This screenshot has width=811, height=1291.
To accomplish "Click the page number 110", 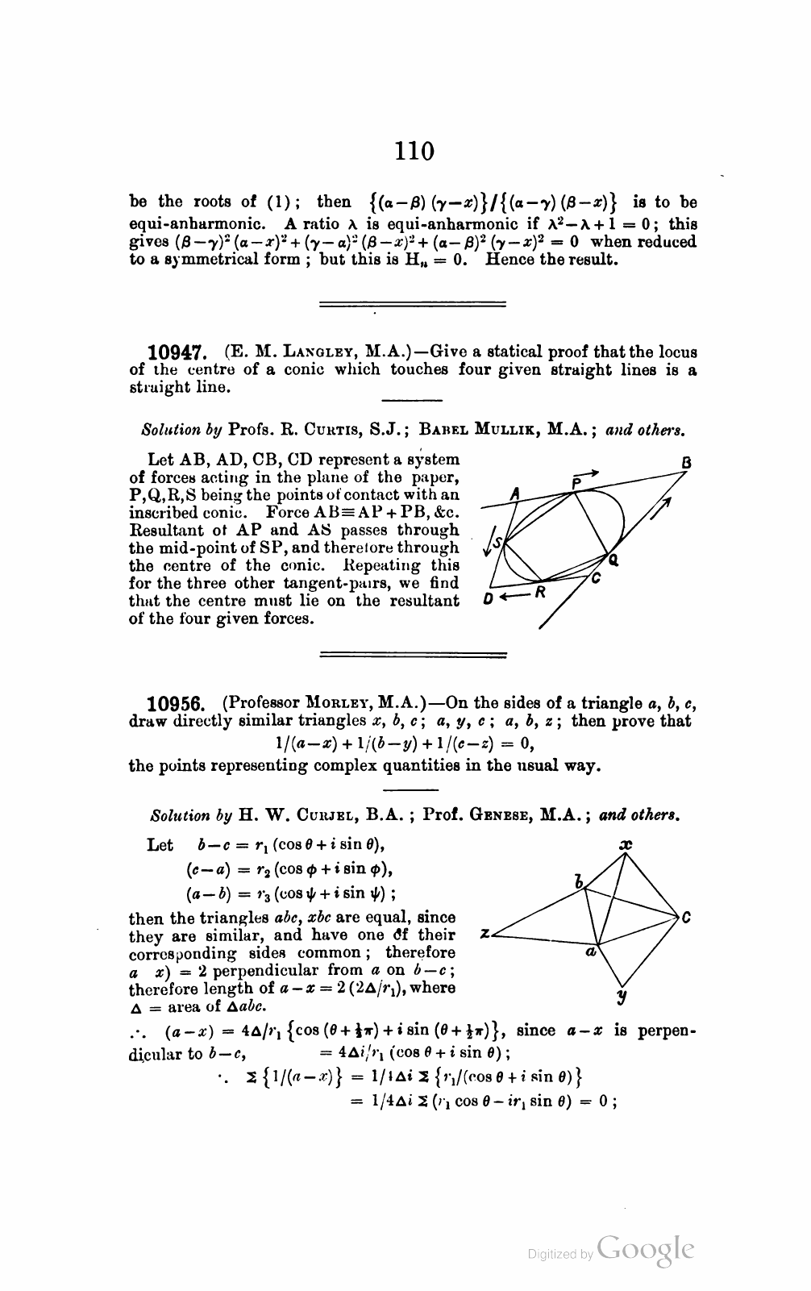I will [414, 151].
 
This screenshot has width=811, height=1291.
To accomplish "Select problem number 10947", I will [178, 352].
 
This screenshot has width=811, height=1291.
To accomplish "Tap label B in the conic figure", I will [687, 464].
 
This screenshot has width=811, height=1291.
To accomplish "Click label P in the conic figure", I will [576, 483].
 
